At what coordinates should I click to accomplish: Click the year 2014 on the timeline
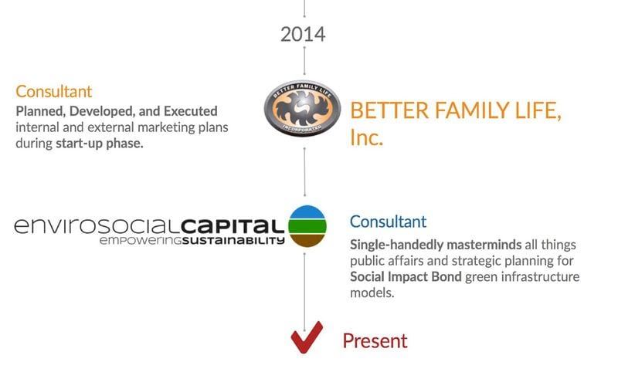click(x=303, y=34)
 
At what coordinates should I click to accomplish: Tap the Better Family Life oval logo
click(x=303, y=108)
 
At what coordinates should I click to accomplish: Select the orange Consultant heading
click(x=53, y=91)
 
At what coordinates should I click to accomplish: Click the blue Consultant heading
click(x=388, y=222)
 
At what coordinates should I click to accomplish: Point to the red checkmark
click(x=307, y=337)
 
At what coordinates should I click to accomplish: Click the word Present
click(x=375, y=341)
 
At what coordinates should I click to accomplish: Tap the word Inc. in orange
click(x=366, y=137)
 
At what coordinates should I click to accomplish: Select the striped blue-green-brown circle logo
click(x=307, y=226)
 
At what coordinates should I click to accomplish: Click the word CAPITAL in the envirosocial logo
click(x=233, y=225)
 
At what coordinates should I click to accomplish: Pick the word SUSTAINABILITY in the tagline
click(x=233, y=240)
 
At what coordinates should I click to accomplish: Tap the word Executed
click(x=190, y=111)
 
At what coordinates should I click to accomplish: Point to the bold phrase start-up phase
click(x=100, y=144)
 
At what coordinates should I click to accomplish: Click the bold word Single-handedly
click(x=396, y=245)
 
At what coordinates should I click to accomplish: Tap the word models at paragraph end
click(x=372, y=293)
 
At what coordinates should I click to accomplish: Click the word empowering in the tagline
click(x=141, y=241)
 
